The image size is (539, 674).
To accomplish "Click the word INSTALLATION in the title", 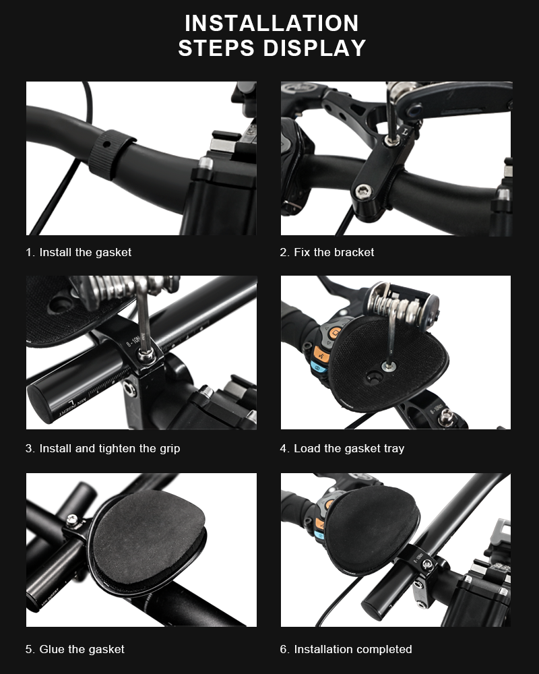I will pos(272,23).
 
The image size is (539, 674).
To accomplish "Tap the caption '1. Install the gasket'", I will pos(79,252).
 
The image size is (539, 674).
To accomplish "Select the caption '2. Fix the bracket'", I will pos(327,252).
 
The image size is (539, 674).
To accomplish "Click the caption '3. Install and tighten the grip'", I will pos(103,448).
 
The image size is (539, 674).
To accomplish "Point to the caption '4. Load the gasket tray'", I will pos(342,448).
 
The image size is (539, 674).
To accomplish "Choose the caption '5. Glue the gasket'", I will pos(75,649).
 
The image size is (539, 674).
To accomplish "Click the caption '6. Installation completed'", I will pos(346,649).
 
